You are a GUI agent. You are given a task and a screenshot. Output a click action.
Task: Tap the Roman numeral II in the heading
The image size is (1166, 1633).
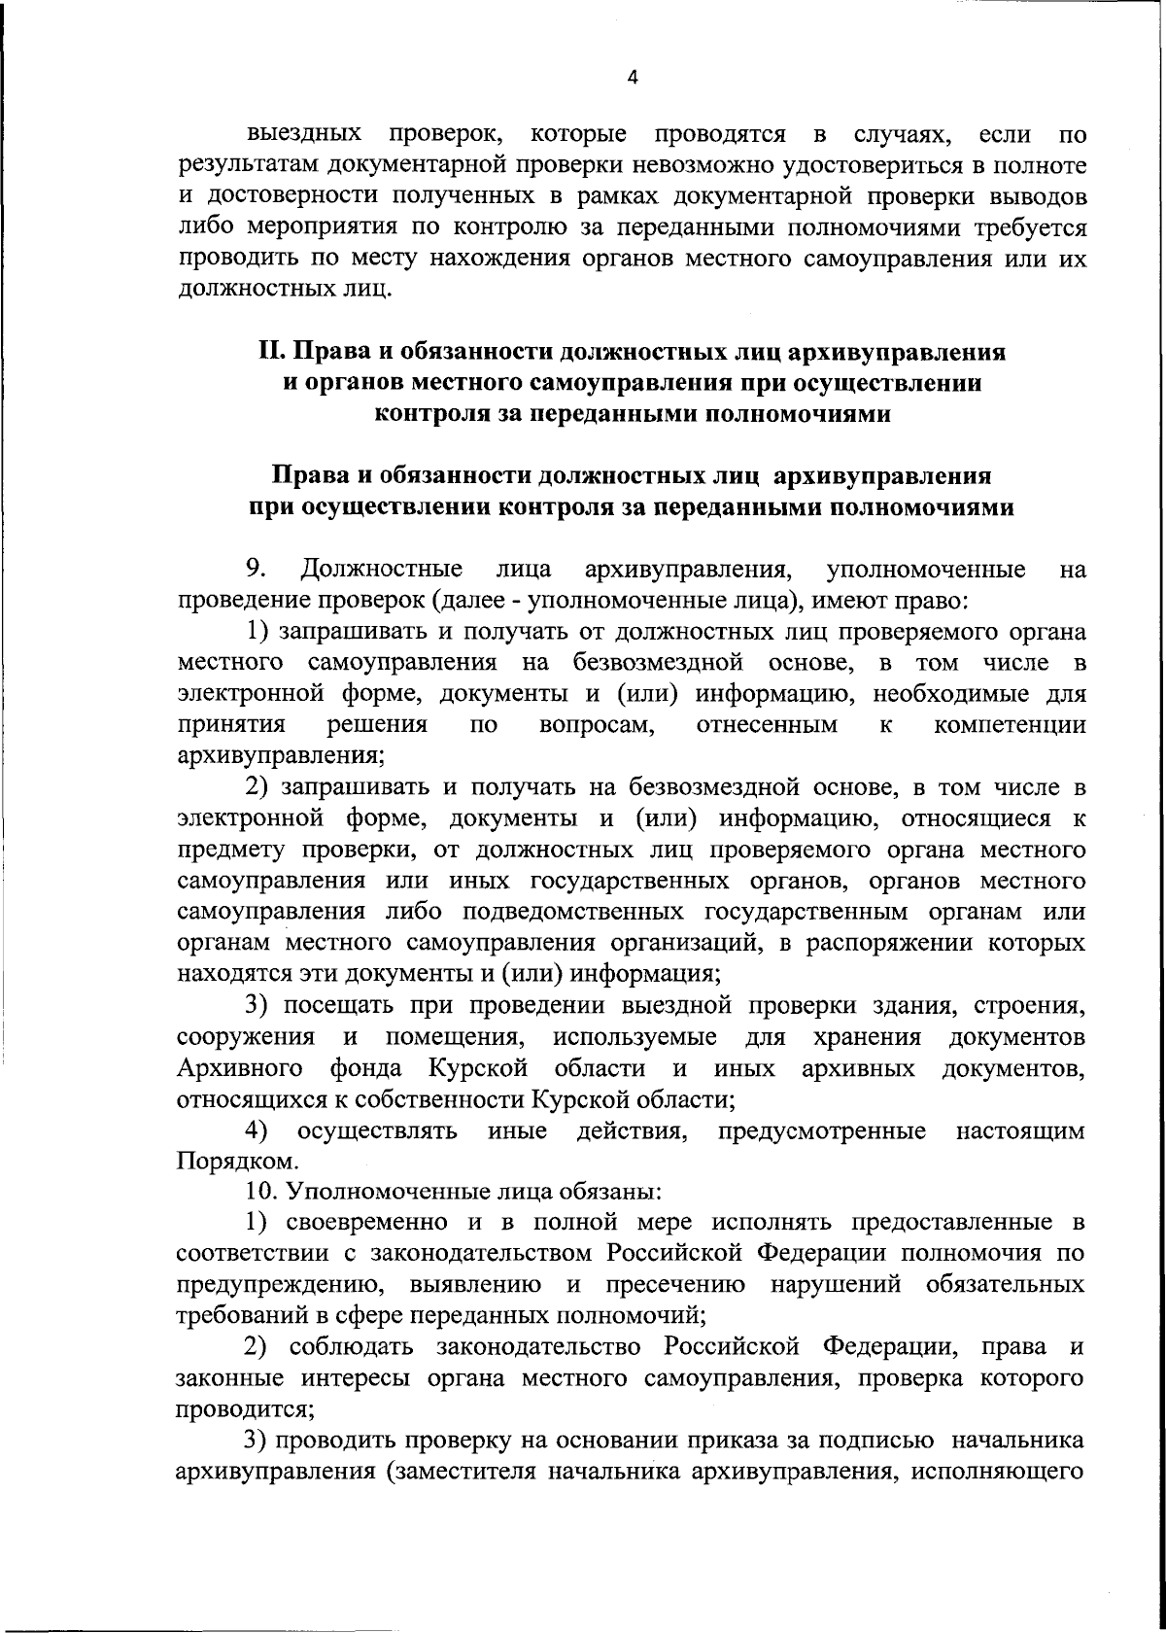tap(269, 351)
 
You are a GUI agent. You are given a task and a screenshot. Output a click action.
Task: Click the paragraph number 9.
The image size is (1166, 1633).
tap(256, 568)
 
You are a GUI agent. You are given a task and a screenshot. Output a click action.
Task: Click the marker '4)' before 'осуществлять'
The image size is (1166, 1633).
tap(257, 1130)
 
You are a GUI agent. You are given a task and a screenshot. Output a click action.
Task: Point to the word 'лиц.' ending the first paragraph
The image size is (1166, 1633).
tap(370, 291)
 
